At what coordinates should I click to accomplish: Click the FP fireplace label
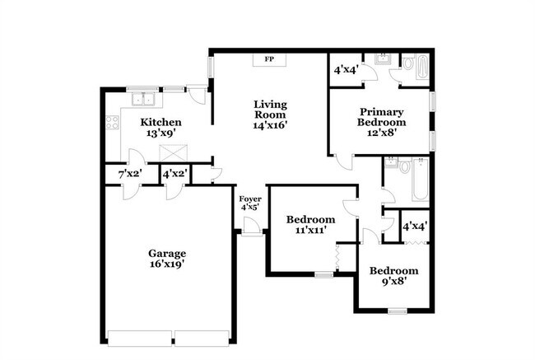(x=268, y=59)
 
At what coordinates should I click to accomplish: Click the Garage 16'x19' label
(x=166, y=259)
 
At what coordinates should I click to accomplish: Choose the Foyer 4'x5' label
(x=250, y=203)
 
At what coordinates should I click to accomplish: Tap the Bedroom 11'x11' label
(x=310, y=225)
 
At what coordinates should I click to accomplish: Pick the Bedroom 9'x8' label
(x=393, y=276)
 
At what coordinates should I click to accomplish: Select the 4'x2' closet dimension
(x=174, y=174)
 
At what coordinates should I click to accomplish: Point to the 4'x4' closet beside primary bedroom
(x=345, y=70)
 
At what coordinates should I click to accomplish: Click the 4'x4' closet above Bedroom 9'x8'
(x=414, y=225)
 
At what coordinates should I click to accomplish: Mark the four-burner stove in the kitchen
(x=111, y=124)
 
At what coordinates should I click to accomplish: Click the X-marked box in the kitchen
(x=174, y=152)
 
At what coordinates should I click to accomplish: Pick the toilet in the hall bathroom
(x=401, y=167)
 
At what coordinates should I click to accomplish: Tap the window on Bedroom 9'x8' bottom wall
(x=398, y=311)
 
